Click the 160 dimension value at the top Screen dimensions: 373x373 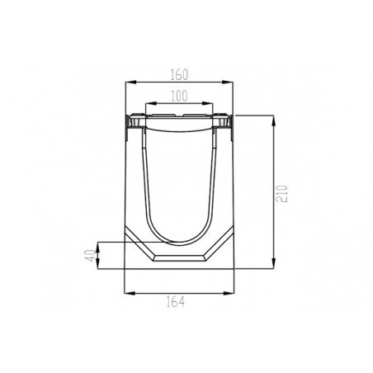pos(179,75)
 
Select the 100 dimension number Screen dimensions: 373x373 pos(179,96)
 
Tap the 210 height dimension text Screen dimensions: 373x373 pos(282,194)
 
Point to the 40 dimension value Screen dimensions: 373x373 pos(91,256)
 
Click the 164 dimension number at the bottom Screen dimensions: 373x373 pos(176,302)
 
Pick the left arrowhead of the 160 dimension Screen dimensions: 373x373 pos(130,82)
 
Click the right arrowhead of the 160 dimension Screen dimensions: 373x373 pos(228,82)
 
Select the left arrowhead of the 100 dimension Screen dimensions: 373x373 pos(151,103)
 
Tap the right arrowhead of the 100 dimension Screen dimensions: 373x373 pos(207,103)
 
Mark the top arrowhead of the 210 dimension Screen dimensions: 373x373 pos(273,120)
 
